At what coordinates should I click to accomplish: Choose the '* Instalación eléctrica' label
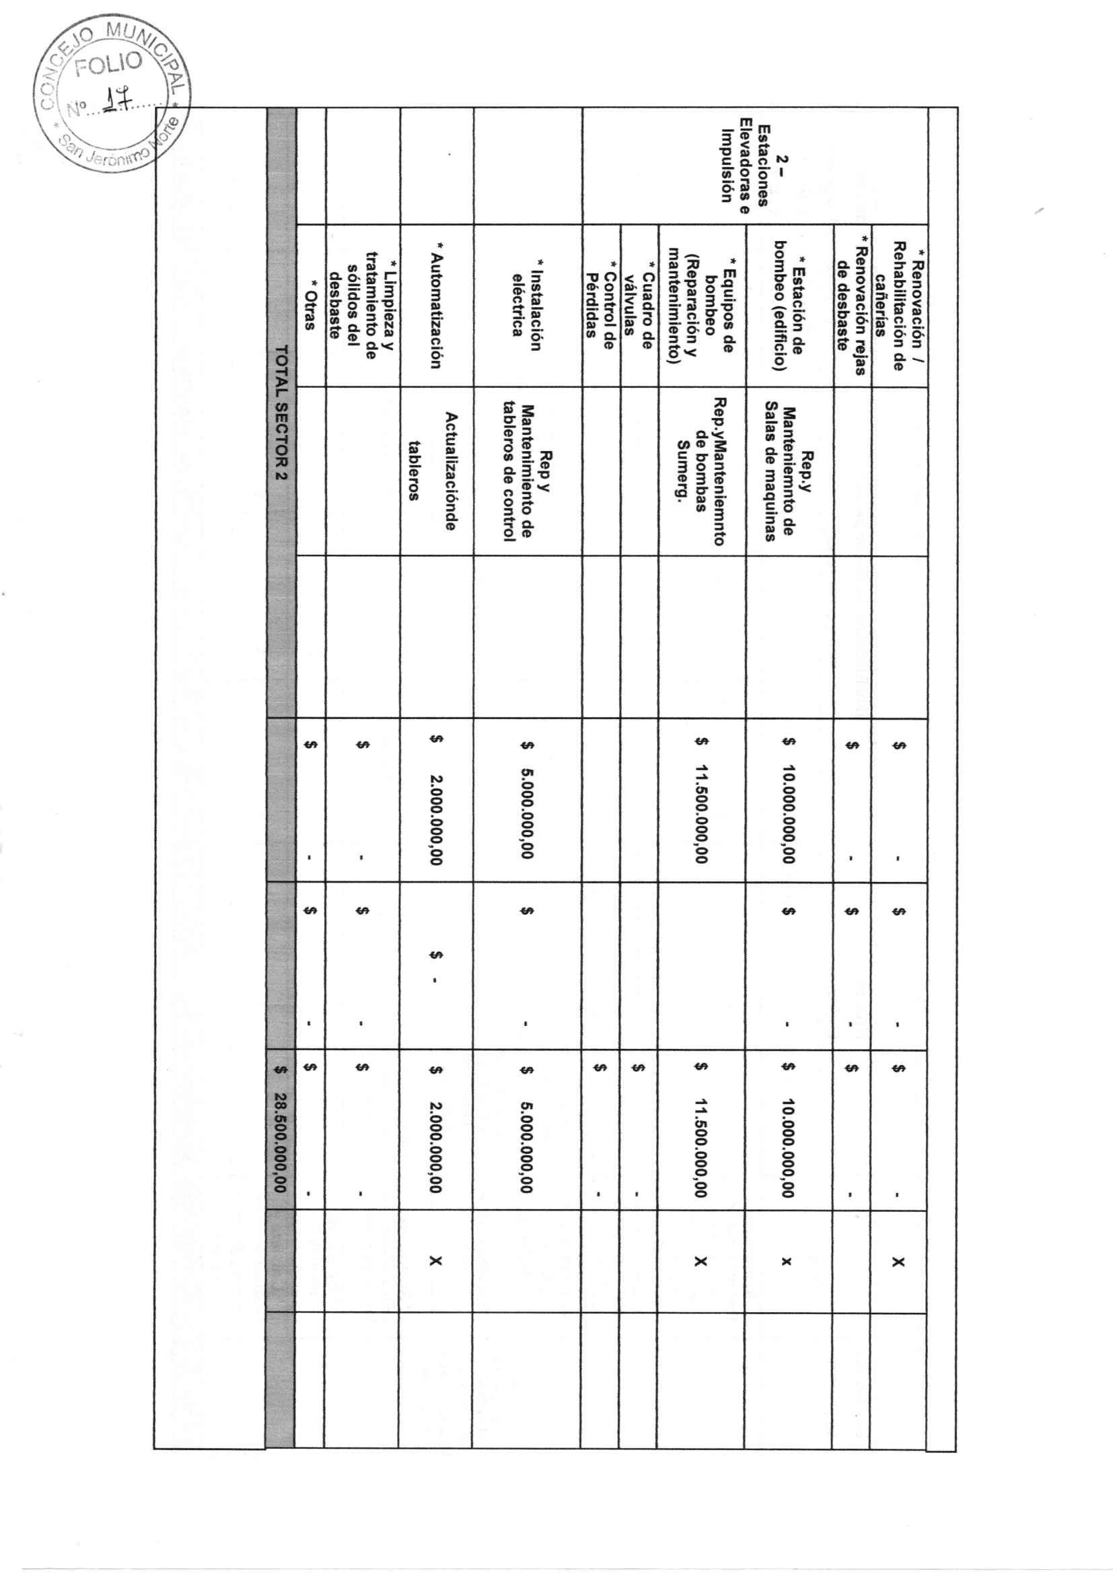[x=527, y=304]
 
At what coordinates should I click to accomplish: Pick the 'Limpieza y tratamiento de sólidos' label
[x=361, y=304]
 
